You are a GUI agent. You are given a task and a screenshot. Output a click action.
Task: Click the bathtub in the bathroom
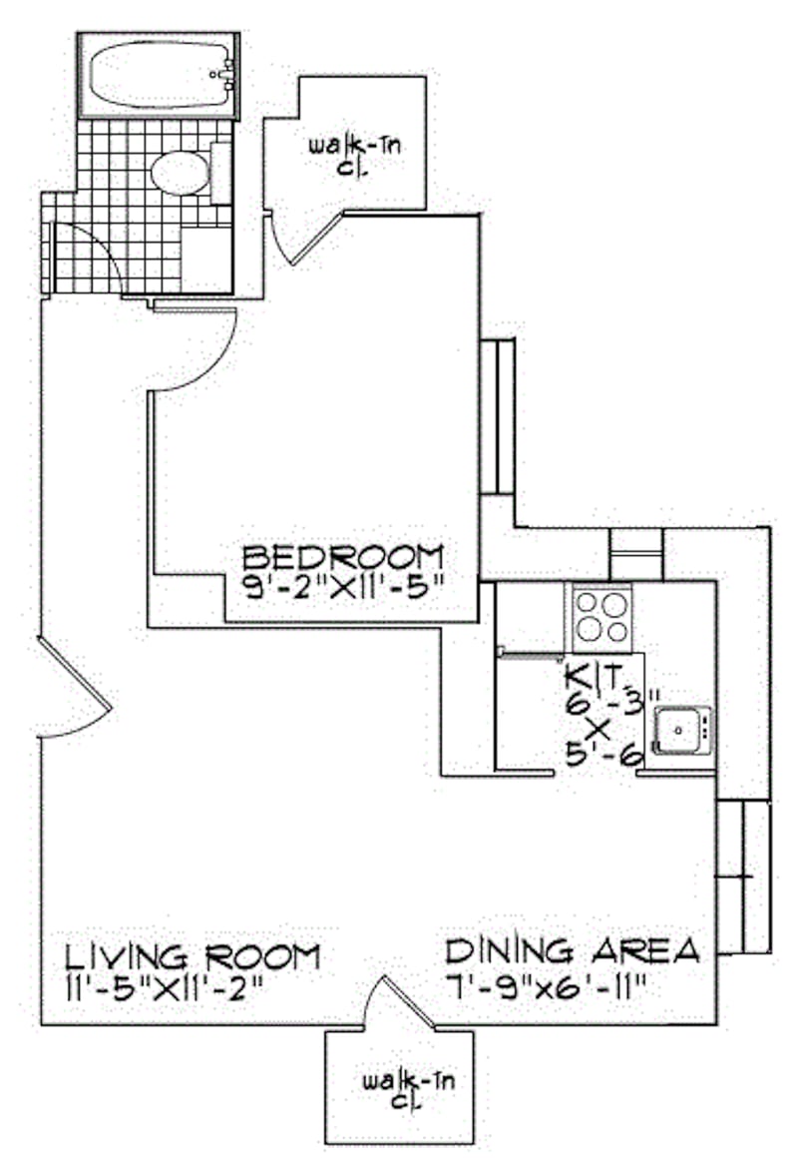click(159, 75)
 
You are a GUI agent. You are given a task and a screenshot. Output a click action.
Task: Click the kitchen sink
click(682, 730)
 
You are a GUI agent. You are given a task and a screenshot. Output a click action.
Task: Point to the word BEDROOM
click(344, 555)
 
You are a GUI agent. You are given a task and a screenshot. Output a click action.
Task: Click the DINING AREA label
click(573, 950)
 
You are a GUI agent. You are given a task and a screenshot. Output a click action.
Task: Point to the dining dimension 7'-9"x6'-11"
click(547, 983)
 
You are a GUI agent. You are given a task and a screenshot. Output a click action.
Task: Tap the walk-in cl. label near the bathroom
click(355, 156)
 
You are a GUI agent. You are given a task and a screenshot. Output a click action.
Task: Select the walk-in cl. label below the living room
click(408, 1091)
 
